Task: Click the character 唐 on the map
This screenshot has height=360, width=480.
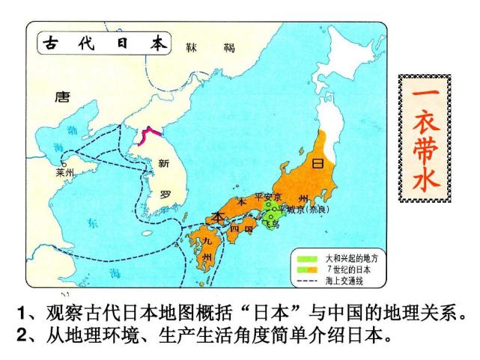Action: [61, 96]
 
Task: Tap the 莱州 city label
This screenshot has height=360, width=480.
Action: [66, 172]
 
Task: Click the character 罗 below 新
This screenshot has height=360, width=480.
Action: [165, 193]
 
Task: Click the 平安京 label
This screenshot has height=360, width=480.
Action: [267, 196]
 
